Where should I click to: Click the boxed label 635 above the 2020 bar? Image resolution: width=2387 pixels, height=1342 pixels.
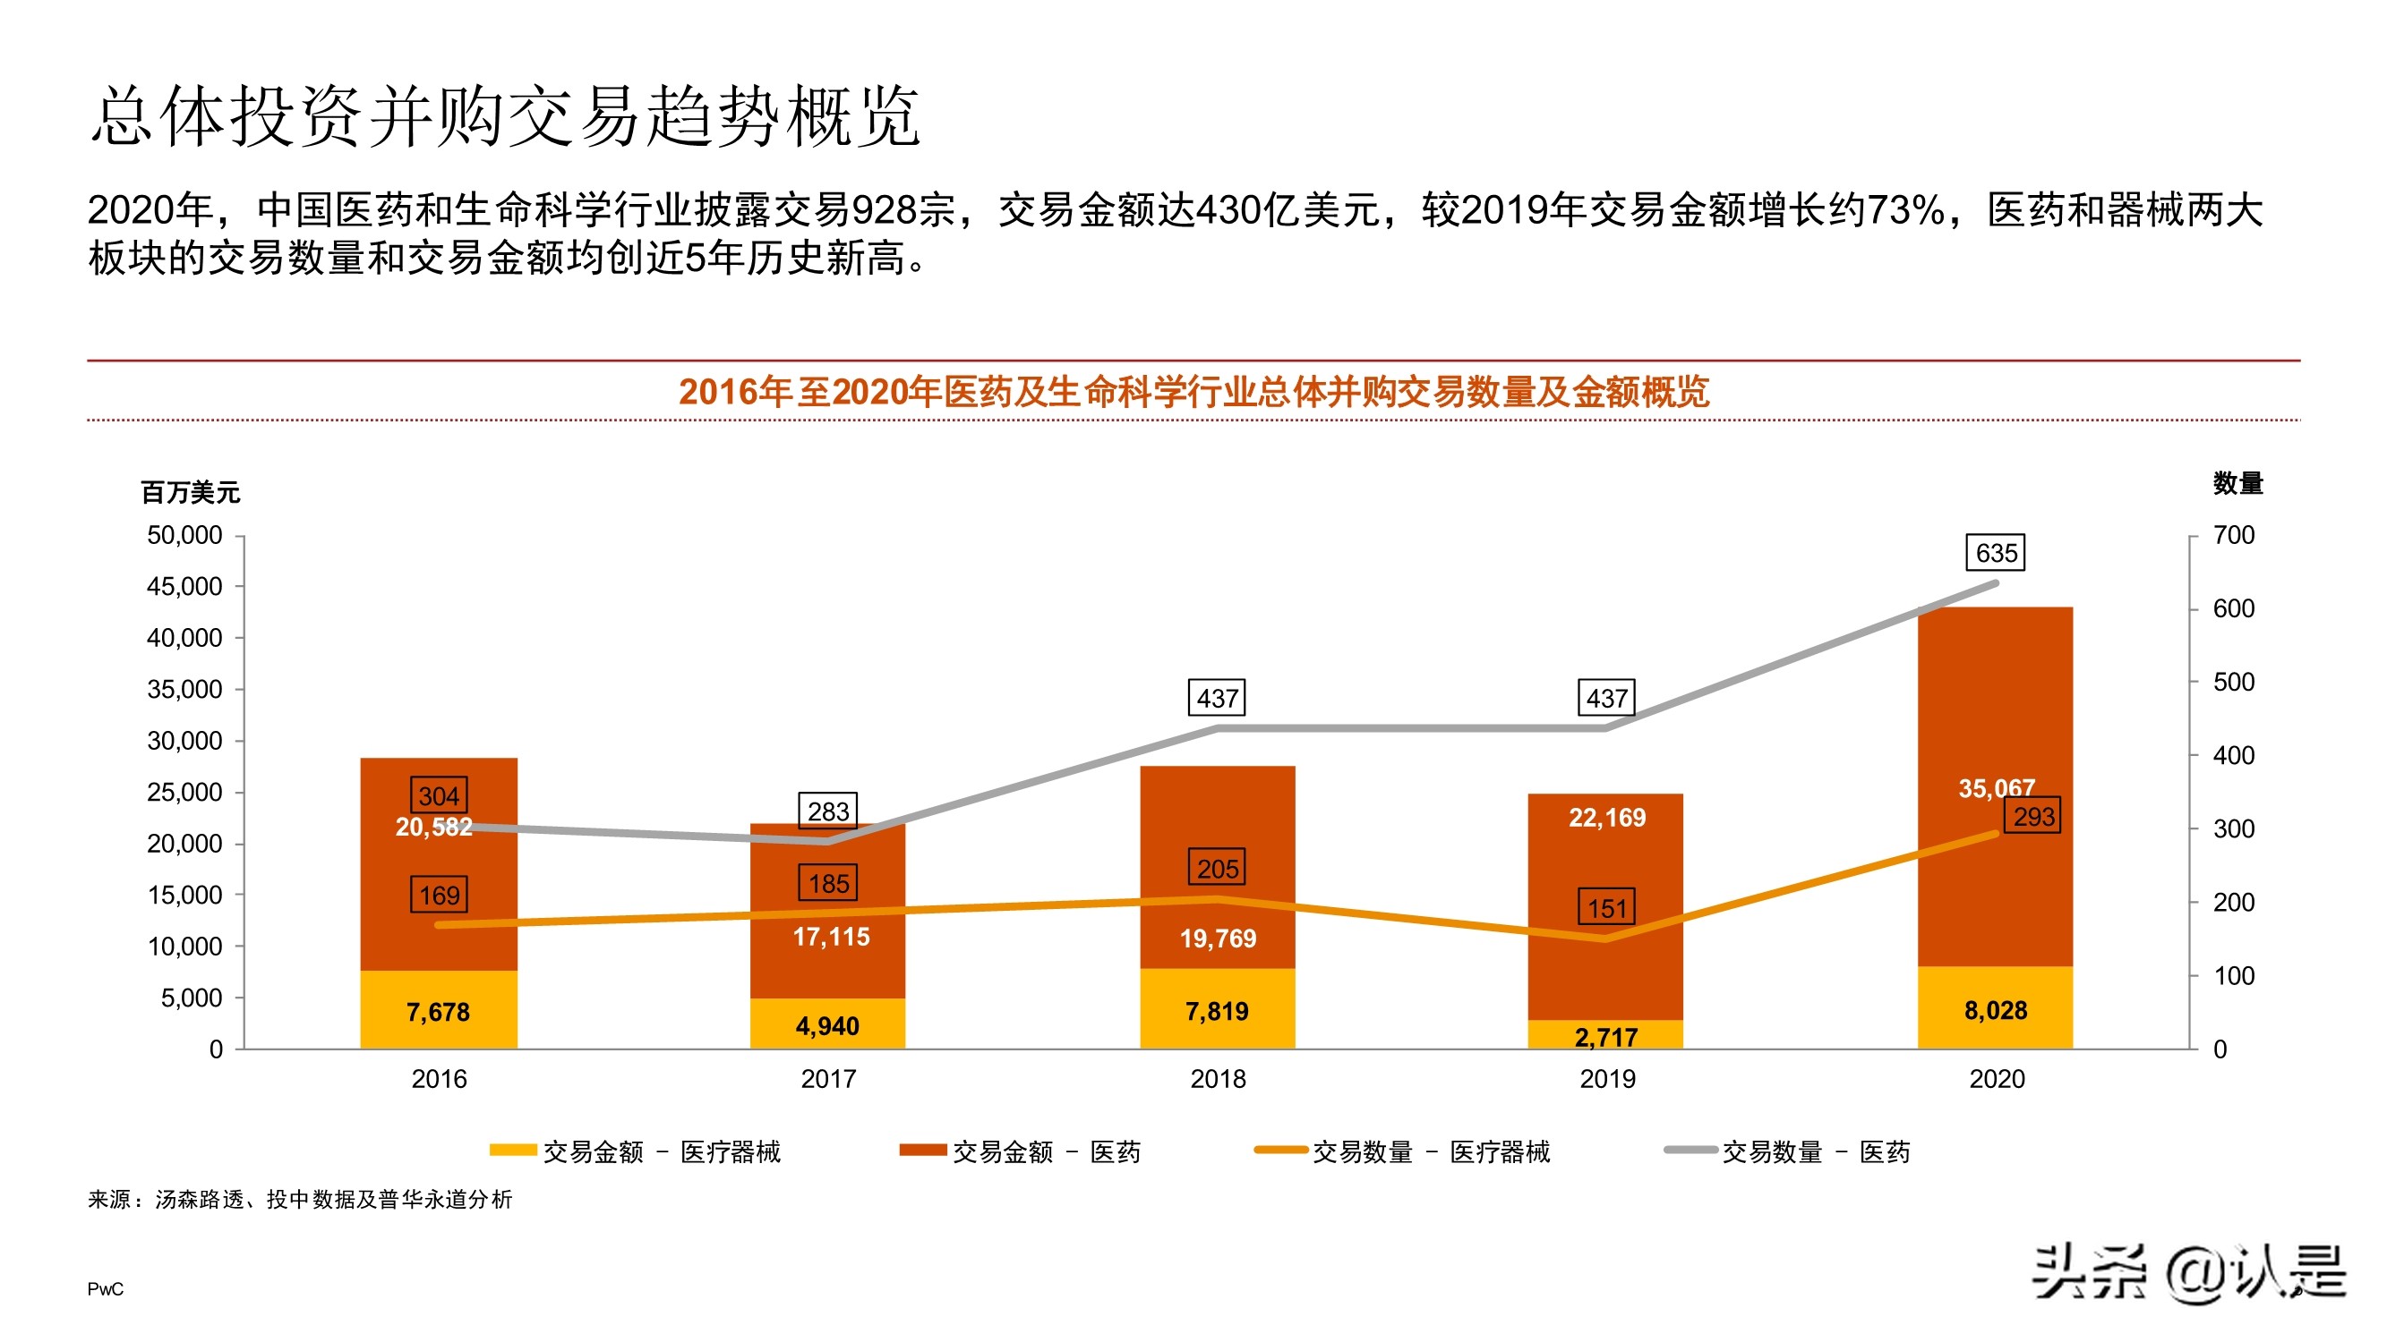point(1995,553)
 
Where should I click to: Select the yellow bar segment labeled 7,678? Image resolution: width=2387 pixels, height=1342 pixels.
point(439,1010)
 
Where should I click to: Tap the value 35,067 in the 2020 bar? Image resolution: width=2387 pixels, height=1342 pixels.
point(1995,788)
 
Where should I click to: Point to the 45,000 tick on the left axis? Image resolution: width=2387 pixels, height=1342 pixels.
point(184,586)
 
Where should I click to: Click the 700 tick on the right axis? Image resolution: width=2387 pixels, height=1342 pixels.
point(2233,535)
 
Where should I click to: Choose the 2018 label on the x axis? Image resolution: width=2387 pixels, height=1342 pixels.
point(1218,1079)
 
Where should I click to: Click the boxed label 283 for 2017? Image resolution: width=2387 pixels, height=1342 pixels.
point(827,811)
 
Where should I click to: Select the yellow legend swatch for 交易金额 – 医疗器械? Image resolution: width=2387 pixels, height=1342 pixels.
point(512,1151)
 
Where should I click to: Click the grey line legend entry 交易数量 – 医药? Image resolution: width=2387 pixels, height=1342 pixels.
point(1788,1151)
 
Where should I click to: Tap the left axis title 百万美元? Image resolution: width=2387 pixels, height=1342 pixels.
point(190,492)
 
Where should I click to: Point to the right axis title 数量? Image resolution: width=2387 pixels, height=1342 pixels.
point(2237,482)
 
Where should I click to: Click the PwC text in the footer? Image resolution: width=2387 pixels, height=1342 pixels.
point(105,1289)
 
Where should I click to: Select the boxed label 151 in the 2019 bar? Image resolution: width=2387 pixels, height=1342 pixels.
point(1607,907)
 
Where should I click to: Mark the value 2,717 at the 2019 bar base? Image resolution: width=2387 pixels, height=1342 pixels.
point(1606,1036)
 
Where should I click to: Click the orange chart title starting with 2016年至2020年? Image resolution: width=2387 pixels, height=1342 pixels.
point(1193,392)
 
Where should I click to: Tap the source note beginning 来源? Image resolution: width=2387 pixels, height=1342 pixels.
point(299,1200)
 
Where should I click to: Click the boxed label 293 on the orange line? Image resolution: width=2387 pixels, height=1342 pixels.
point(2033,816)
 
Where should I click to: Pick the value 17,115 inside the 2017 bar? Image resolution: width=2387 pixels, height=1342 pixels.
point(831,937)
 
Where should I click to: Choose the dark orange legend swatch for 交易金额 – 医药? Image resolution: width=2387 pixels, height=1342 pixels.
point(922,1151)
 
